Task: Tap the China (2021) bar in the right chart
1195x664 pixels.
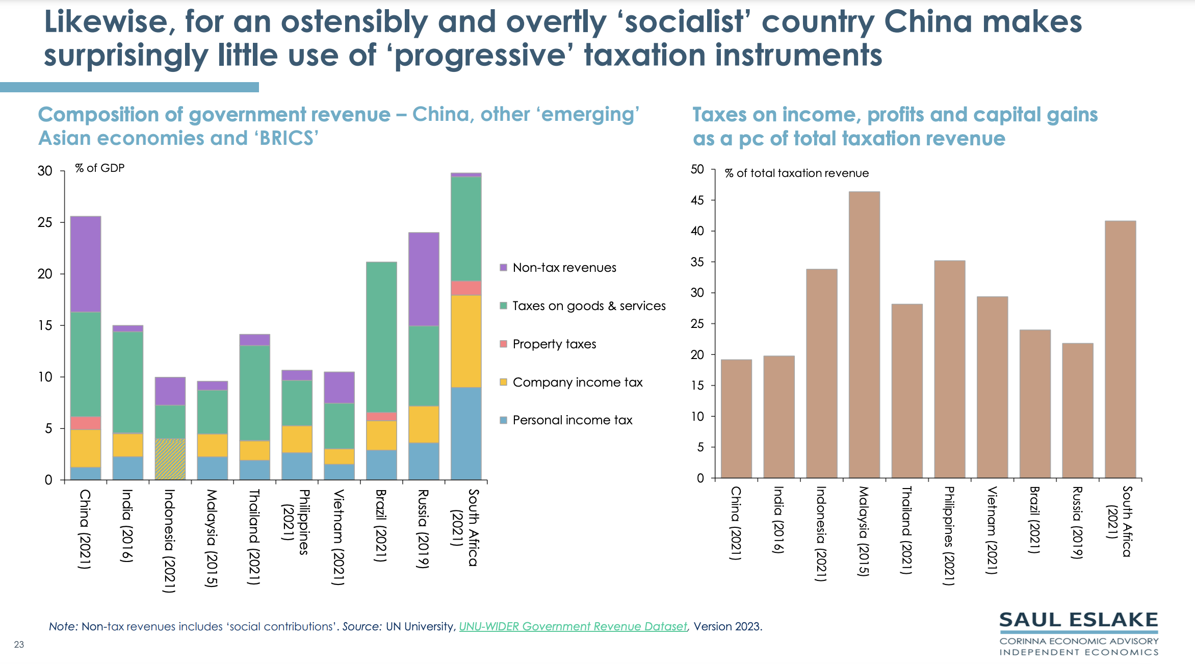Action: (x=736, y=419)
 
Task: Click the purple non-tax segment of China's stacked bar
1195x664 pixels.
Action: (x=86, y=264)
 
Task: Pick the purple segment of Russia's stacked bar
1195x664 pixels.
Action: (x=424, y=279)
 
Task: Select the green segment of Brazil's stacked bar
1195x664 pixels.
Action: (x=381, y=337)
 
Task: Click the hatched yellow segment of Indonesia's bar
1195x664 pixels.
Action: (x=170, y=459)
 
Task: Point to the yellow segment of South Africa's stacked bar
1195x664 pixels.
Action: (x=466, y=341)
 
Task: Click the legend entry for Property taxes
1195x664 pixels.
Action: (x=554, y=344)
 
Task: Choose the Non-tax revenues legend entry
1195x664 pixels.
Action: (x=564, y=268)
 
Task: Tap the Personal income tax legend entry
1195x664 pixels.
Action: (x=572, y=420)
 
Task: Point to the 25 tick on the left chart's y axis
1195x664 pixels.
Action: (x=45, y=222)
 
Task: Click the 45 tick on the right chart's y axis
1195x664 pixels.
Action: (x=697, y=200)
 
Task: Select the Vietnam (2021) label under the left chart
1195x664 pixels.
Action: (x=339, y=537)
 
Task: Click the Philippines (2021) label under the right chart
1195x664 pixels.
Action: (x=949, y=535)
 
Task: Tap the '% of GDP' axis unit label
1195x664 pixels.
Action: (x=100, y=168)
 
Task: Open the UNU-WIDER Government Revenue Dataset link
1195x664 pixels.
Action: (x=573, y=626)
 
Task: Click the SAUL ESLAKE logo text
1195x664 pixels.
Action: (x=1078, y=620)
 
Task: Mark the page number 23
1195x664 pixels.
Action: (x=19, y=645)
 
